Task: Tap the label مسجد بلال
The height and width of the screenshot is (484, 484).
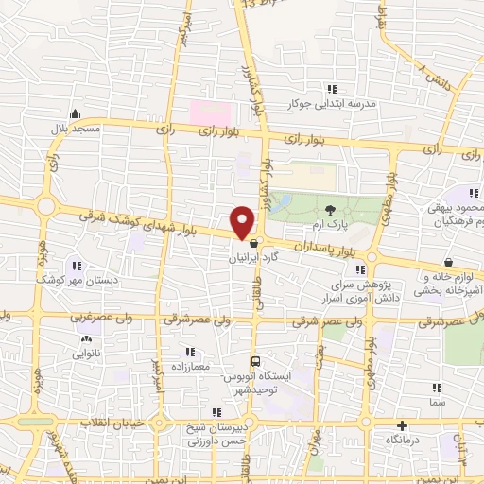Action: [74, 127]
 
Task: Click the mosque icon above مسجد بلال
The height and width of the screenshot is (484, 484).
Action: [74, 112]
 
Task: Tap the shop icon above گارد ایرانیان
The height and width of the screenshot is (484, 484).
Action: [252, 243]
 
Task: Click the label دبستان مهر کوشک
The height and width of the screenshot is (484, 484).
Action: [70, 280]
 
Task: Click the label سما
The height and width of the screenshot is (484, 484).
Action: [436, 403]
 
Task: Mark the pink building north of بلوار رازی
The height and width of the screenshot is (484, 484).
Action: [215, 111]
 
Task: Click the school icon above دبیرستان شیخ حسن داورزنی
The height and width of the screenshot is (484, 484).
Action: [217, 411]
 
